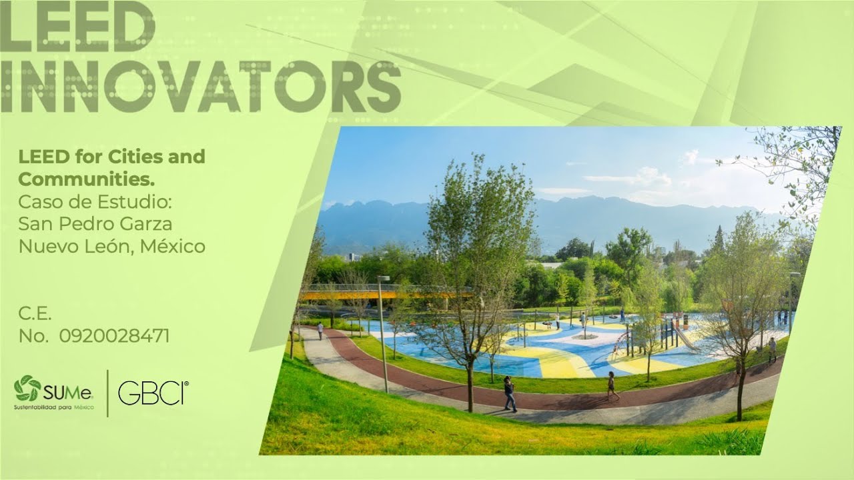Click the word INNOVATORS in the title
pyautogui.click(x=200, y=87)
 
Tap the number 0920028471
pyautogui.click(x=114, y=336)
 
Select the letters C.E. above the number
pyautogui.click(x=35, y=313)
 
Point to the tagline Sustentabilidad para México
pyautogui.click(x=54, y=406)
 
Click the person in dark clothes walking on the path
pyautogui.click(x=510, y=394)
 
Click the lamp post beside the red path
pyautogui.click(x=383, y=333)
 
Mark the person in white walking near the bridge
pyautogui.click(x=320, y=330)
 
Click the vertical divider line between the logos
pyautogui.click(x=107, y=393)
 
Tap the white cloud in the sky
pyautogui.click(x=634, y=178)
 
